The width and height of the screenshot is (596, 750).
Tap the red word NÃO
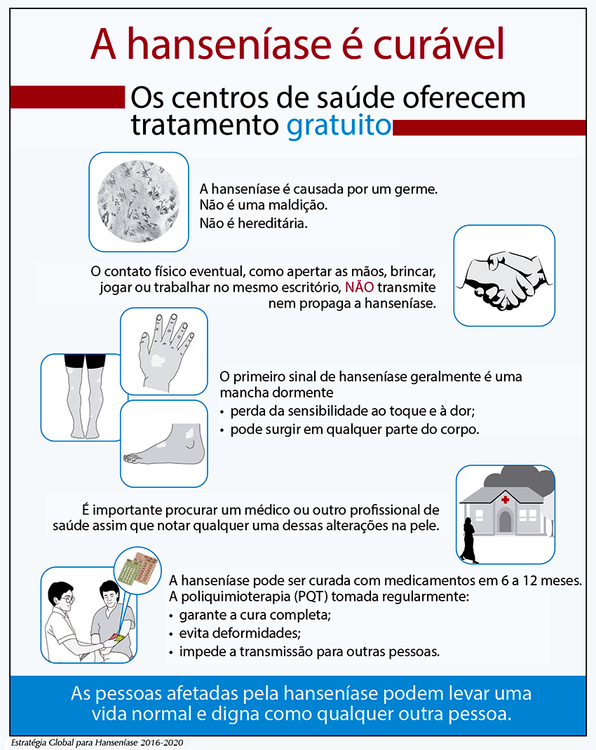pyautogui.click(x=359, y=288)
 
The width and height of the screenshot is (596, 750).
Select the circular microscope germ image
pyautogui.click(x=138, y=202)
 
